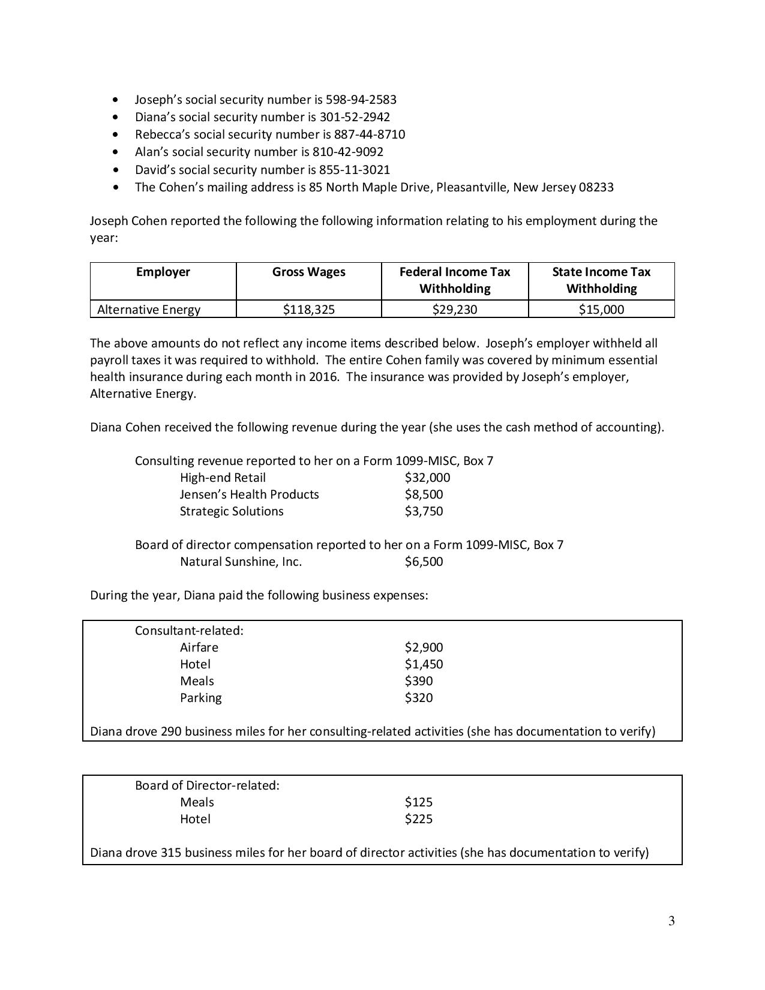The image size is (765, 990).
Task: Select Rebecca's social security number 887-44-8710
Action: (x=369, y=134)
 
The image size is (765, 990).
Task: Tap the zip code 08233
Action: (x=596, y=187)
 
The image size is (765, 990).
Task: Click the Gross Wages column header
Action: (x=308, y=272)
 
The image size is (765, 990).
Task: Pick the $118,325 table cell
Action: (x=308, y=310)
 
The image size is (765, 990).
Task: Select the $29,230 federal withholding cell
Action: (x=454, y=310)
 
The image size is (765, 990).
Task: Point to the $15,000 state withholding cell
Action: (x=601, y=310)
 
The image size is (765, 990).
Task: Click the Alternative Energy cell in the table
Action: (x=149, y=310)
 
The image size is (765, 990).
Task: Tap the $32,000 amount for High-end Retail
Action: (x=427, y=478)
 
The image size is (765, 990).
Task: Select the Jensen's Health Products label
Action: (x=249, y=494)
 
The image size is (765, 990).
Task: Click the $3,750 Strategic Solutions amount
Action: (x=424, y=511)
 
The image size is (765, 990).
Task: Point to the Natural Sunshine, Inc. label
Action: (x=241, y=562)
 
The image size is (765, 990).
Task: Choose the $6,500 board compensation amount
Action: (x=424, y=562)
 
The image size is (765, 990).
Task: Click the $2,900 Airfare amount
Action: (x=424, y=647)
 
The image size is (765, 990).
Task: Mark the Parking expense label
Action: (x=200, y=698)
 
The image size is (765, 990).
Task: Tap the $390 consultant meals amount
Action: (x=418, y=681)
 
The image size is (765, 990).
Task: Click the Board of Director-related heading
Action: (x=207, y=785)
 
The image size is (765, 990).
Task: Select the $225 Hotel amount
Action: (x=418, y=819)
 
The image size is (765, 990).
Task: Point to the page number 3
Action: (x=671, y=921)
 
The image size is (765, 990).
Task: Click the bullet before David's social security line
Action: (x=116, y=170)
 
